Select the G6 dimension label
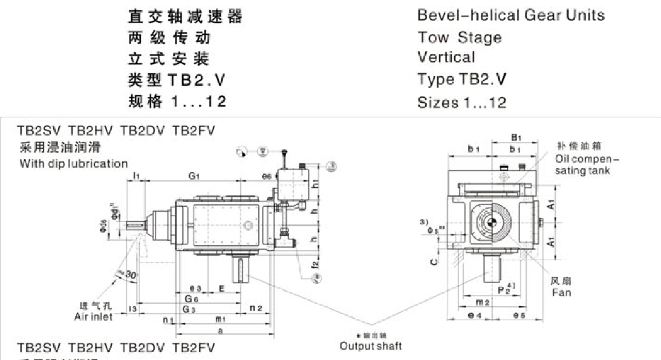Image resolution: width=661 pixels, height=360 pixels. pos(192,299)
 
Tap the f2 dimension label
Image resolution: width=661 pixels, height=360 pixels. pos(316,264)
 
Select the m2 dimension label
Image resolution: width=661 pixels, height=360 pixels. pos(482,302)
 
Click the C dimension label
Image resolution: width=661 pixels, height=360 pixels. pos(433,262)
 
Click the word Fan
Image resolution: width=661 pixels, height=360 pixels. pos(561,293)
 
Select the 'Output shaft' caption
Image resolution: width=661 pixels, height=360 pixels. pos(370,346)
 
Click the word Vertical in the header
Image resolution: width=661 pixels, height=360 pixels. pos(446,57)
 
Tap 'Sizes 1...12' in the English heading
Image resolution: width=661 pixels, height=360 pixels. pos(461,102)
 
